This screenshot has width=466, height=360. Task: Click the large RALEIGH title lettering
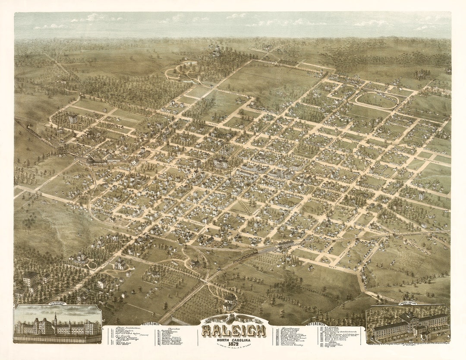pyautogui.click(x=233, y=331)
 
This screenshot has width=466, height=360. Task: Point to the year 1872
pyautogui.click(x=233, y=344)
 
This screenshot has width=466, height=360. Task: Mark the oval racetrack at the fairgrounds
pyautogui.click(x=377, y=100)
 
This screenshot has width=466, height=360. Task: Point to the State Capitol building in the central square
pyautogui.click(x=220, y=163)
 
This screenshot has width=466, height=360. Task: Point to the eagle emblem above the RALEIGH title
pyautogui.click(x=233, y=319)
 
